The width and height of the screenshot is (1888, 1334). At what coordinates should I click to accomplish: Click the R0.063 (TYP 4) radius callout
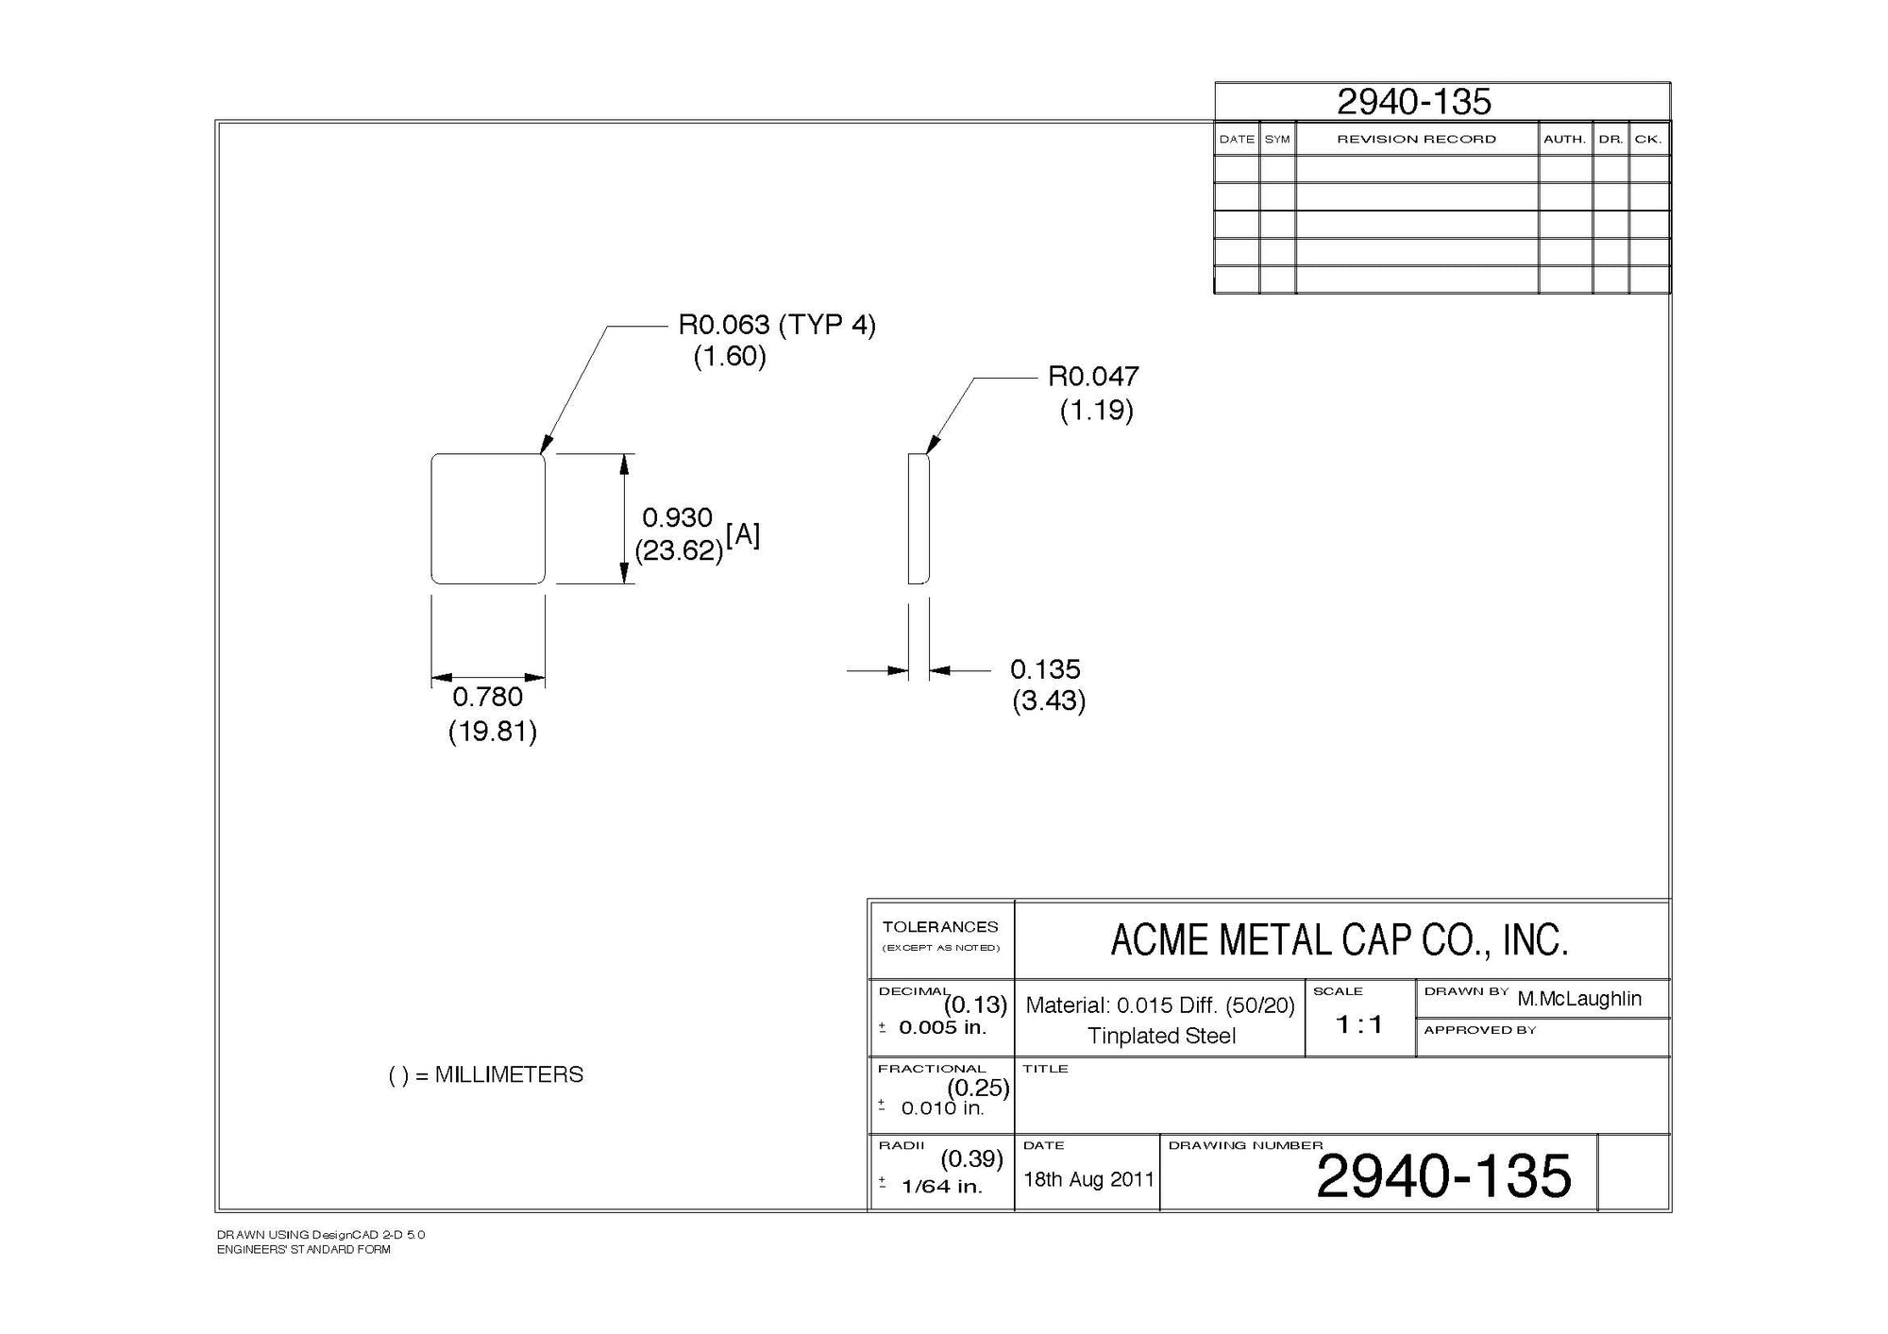tap(776, 326)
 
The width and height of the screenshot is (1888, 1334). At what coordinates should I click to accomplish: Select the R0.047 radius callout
tap(1093, 377)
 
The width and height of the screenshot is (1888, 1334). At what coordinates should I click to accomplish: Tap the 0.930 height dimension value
tap(677, 517)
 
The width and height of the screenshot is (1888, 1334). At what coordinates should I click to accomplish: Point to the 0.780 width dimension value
tap(487, 697)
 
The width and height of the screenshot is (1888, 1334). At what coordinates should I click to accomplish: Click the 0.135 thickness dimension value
tap(1045, 669)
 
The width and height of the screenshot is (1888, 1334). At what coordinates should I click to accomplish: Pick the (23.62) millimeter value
tap(679, 550)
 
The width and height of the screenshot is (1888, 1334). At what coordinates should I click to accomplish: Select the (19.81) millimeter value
tap(492, 731)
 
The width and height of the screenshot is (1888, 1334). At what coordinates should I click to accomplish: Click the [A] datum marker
tap(743, 535)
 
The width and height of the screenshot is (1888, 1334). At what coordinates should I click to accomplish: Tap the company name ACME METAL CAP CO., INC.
tap(1339, 940)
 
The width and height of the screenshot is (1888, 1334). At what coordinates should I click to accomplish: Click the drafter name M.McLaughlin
tap(1579, 999)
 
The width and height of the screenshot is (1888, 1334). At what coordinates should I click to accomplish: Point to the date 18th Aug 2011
tap(1088, 1179)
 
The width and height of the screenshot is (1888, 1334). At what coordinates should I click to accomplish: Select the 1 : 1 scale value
tap(1359, 1024)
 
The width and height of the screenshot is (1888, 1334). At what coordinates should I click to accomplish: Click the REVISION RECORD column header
tap(1416, 140)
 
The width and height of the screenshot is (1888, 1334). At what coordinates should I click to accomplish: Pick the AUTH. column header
tap(1564, 140)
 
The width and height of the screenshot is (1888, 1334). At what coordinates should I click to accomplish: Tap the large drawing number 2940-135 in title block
tap(1443, 1176)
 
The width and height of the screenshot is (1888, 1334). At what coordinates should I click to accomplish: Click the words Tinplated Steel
tap(1161, 1037)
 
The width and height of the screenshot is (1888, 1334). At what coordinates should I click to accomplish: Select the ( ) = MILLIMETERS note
tap(486, 1075)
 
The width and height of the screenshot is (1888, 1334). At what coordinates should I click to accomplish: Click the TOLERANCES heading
tap(940, 927)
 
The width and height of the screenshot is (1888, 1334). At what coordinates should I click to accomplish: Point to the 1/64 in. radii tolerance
tap(942, 1187)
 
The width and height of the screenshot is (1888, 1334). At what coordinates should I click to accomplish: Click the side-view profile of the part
tap(919, 519)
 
